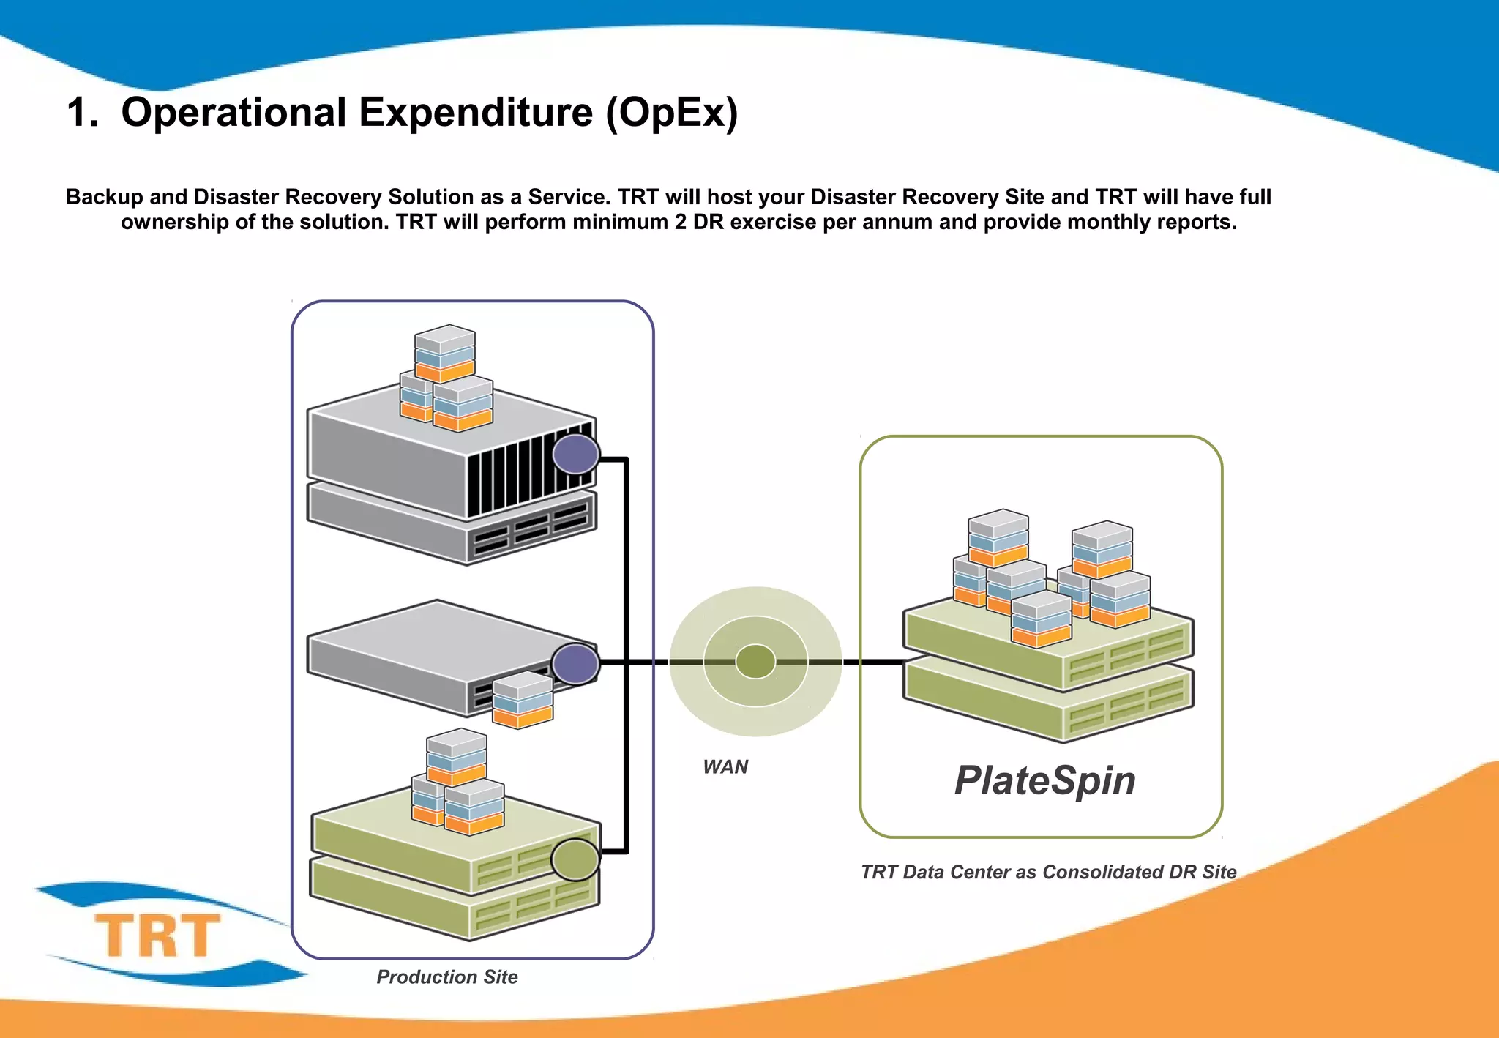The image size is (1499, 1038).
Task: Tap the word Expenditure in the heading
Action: [x=476, y=113]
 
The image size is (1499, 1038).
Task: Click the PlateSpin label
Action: [x=1044, y=780]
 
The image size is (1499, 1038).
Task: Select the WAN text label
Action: [x=725, y=767]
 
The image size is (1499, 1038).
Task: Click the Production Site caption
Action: [x=446, y=977]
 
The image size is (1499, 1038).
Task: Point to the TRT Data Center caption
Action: [x=1048, y=872]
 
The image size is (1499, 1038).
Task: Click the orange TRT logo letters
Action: [x=157, y=936]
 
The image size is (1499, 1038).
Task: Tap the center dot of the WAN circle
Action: [x=755, y=662]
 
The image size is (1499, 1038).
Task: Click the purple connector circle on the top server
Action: [x=576, y=455]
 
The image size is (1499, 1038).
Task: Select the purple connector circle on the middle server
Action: [x=576, y=664]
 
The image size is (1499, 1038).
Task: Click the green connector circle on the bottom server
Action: [x=575, y=859]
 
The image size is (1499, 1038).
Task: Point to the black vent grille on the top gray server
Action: [x=527, y=472]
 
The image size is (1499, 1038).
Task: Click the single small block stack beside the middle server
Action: [x=523, y=701]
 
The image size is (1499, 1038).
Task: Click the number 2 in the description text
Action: [x=681, y=223]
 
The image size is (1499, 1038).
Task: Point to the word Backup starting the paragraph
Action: [x=104, y=198]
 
